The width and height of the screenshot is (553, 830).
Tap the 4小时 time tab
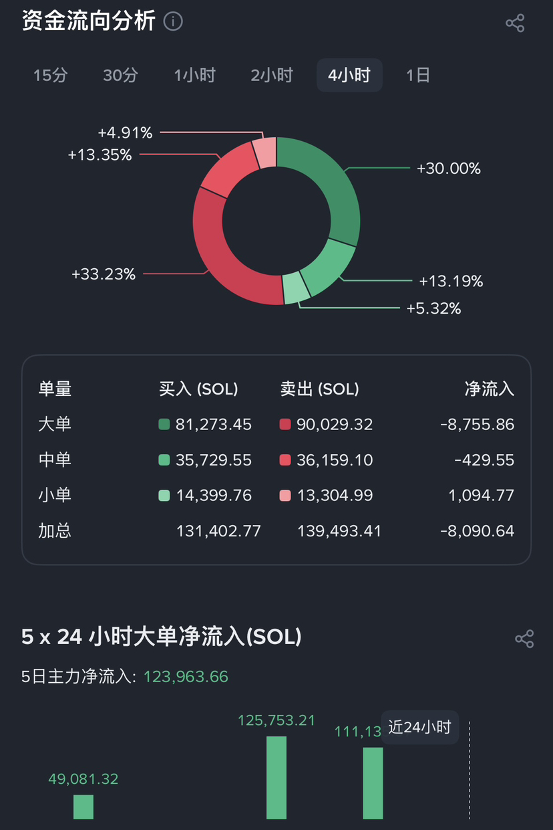[x=349, y=75]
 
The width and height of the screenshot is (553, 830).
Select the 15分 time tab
[x=51, y=75]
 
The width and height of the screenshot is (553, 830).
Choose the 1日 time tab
[x=418, y=75]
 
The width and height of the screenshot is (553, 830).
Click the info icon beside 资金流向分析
[x=173, y=21]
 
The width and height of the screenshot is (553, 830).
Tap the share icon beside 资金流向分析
[x=515, y=23]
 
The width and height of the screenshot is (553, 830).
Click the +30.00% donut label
[x=448, y=169]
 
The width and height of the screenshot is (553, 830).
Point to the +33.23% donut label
[x=104, y=274]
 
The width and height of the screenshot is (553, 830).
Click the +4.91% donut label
[x=125, y=133]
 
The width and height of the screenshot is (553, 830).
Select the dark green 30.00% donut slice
[x=327, y=181]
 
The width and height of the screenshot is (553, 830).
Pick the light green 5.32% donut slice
[x=296, y=288]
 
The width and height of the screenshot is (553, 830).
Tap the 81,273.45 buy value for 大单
[x=213, y=425]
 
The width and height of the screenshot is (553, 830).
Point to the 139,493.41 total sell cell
[x=339, y=531]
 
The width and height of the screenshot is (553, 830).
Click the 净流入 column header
[x=490, y=389]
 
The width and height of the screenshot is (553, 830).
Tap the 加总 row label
[x=55, y=531]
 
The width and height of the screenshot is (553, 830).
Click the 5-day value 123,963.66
[x=186, y=677]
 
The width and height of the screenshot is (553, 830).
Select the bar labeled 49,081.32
[x=83, y=807]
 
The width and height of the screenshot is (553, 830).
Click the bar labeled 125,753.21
[x=276, y=777]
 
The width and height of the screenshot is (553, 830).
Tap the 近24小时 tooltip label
[x=420, y=727]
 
